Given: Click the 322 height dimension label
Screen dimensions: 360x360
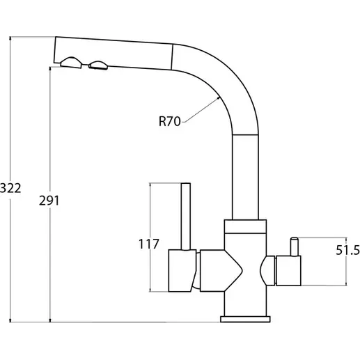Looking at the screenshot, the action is [10, 188].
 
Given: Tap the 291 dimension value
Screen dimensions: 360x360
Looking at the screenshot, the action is [49, 201].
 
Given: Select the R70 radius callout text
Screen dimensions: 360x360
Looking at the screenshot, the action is [169, 121].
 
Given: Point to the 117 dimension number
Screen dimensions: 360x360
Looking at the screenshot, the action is [148, 244].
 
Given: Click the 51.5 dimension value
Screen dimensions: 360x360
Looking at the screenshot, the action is [347, 250].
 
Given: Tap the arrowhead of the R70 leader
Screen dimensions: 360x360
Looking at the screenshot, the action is [218, 98].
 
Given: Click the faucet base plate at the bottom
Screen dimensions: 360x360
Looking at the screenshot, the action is [245, 319].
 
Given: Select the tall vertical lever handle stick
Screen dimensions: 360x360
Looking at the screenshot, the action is [186, 217].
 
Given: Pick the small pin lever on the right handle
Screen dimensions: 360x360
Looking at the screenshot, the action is [295, 246].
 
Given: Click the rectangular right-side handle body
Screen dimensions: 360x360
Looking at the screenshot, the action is [288, 271].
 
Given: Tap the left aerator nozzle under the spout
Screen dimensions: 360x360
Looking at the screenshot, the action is [71, 63].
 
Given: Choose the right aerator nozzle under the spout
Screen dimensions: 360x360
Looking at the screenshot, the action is [98, 65].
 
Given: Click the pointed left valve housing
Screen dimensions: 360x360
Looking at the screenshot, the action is [221, 271].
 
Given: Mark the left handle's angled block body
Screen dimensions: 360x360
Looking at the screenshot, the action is [182, 271].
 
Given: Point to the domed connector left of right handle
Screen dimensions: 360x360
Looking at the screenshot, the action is [267, 271].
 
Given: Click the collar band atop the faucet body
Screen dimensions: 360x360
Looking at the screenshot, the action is [245, 226].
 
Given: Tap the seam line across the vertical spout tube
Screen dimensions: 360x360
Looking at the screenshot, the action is [245, 134].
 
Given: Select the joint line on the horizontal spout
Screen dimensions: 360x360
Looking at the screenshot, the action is [172, 57].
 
